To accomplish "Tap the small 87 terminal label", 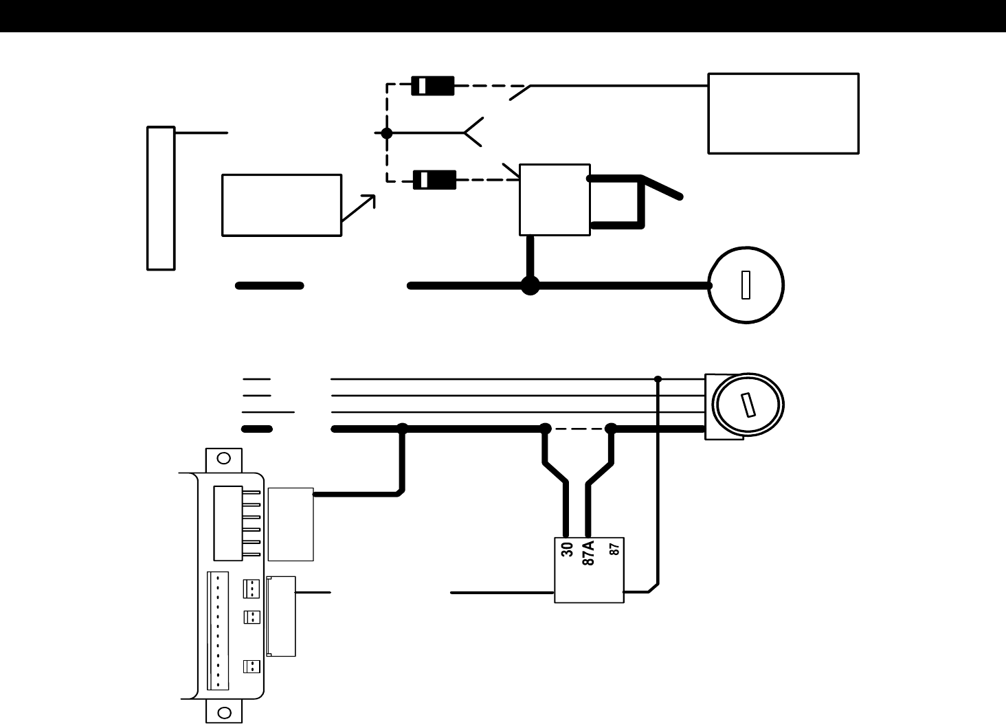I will tap(615, 549).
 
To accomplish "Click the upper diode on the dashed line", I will tap(432, 86).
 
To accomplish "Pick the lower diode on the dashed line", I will tap(434, 180).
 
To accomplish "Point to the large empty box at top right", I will tap(783, 113).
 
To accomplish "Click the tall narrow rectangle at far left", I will tap(161, 198).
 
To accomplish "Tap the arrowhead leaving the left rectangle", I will tap(370, 199).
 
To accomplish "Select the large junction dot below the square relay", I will tap(530, 285).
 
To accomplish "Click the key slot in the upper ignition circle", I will tap(746, 285).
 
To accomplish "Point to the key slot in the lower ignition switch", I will tap(748, 405).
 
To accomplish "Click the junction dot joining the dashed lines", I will tap(387, 133).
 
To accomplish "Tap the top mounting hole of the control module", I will tap(223, 458).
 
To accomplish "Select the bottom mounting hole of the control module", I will tap(223, 712).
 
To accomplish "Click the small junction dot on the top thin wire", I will tap(658, 378).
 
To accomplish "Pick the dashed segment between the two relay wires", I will tap(578, 429).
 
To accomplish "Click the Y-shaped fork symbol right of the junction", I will tap(473, 132).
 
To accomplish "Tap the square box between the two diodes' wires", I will tap(555, 199).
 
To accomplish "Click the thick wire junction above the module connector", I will tap(403, 429).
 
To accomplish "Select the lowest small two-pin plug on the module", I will tap(252, 666).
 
